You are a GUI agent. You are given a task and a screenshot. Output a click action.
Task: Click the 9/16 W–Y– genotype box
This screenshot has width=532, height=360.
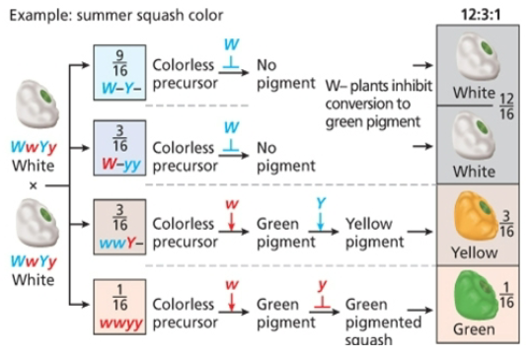119,69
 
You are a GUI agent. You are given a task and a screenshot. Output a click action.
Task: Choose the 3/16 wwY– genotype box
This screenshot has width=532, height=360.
119,228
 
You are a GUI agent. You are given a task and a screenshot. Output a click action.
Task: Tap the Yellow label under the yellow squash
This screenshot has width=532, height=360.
474,252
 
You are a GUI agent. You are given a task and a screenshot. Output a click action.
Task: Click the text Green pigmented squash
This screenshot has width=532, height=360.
380,322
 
